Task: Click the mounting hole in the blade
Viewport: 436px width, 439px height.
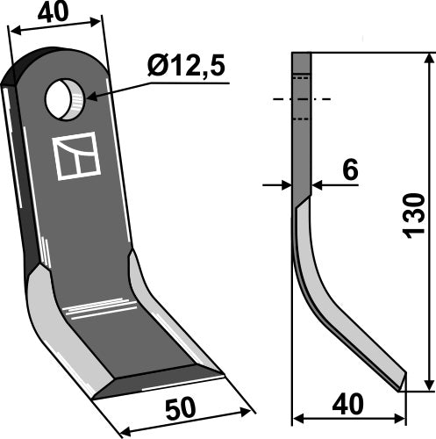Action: [67, 98]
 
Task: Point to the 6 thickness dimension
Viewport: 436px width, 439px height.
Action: [349, 171]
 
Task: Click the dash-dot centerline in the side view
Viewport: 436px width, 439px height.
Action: [302, 98]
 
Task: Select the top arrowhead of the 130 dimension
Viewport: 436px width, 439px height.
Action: [427, 59]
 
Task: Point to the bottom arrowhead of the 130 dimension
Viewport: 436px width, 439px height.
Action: [427, 384]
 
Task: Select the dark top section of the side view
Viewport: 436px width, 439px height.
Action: [302, 114]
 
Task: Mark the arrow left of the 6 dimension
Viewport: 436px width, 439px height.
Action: [282, 185]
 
